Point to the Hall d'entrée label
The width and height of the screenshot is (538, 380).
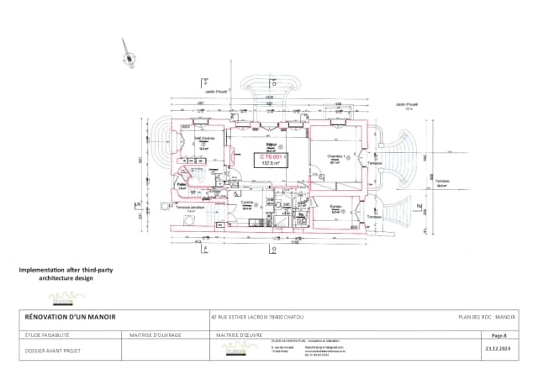(205, 140)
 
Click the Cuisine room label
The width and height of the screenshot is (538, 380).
(248, 203)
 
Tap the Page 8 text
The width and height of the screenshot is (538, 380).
(499, 335)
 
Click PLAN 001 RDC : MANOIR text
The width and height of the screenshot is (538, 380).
(486, 318)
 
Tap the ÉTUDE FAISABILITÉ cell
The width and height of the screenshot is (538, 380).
(45, 335)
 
